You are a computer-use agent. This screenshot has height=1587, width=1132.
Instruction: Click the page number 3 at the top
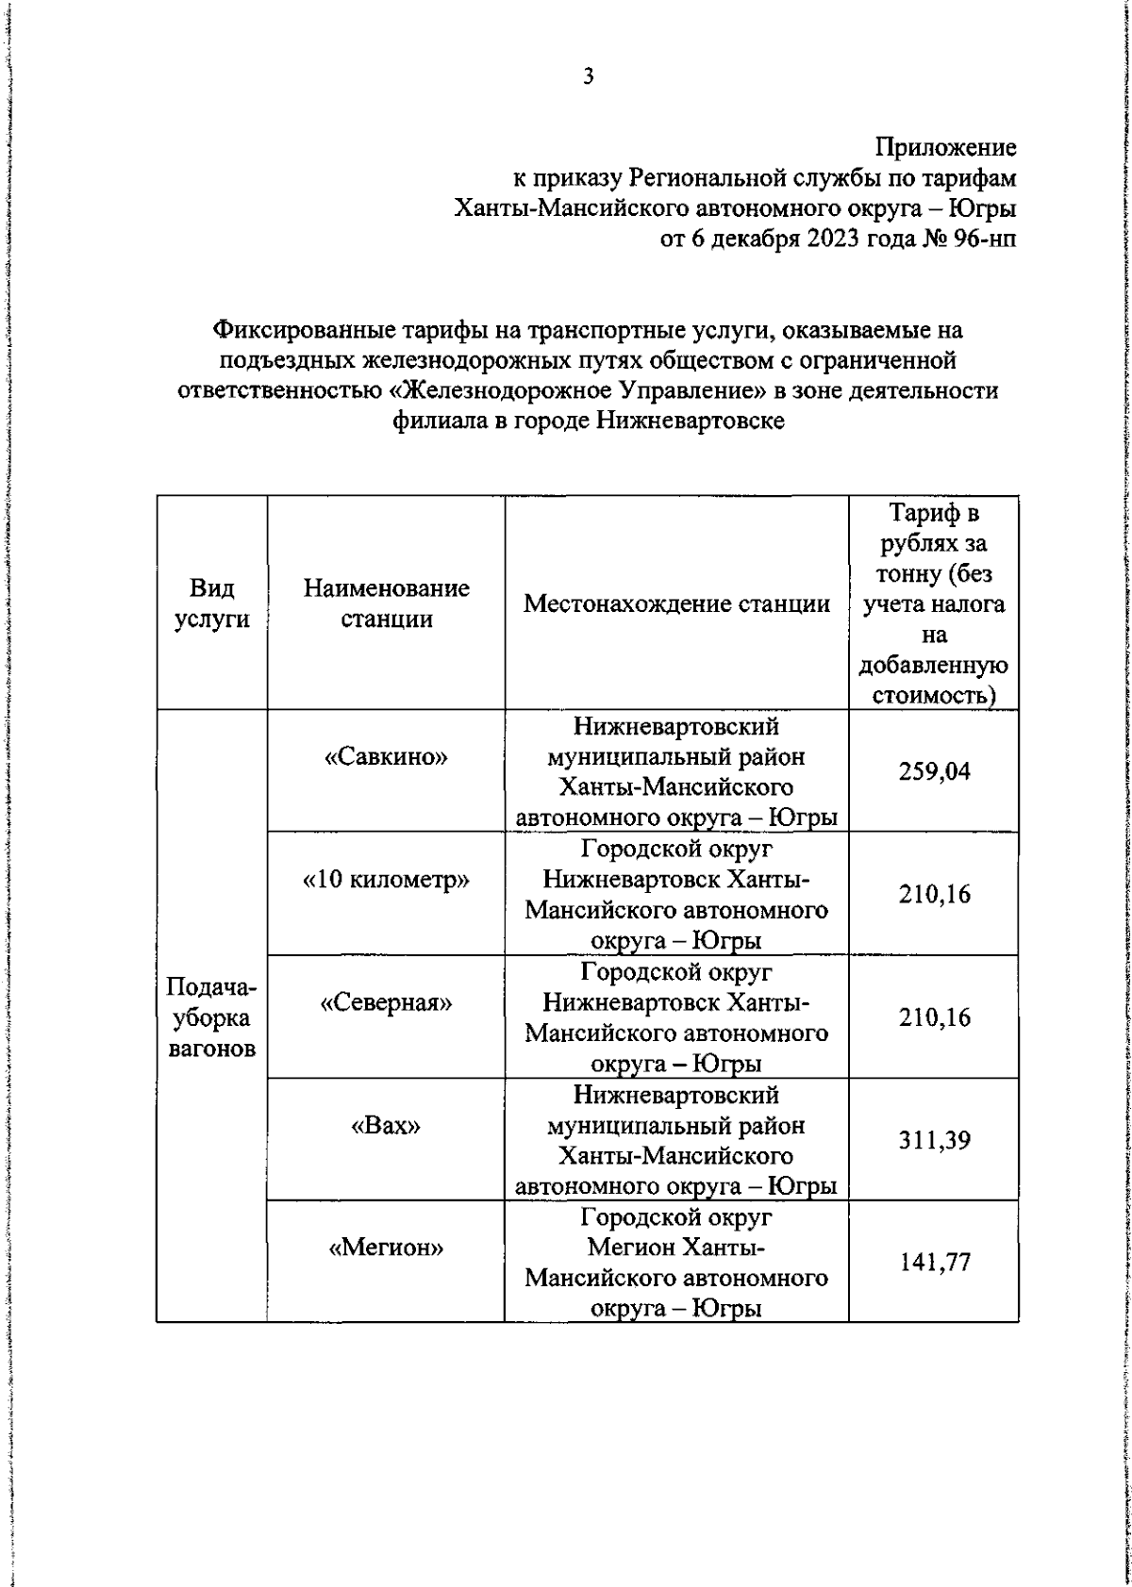pyautogui.click(x=588, y=77)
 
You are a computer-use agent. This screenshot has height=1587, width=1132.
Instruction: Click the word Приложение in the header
pyautogui.click(x=945, y=147)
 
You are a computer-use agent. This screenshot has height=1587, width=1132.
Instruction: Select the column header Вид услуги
pyautogui.click(x=211, y=603)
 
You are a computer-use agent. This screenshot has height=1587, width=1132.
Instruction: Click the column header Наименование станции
pyautogui.click(x=386, y=603)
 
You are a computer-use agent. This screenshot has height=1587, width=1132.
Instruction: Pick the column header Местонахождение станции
pyautogui.click(x=676, y=603)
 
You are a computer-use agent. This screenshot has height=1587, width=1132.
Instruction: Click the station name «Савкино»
pyautogui.click(x=386, y=756)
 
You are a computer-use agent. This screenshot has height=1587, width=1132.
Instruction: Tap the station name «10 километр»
pyautogui.click(x=386, y=880)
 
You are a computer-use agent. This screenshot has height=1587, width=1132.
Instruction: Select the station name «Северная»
pyautogui.click(x=386, y=1002)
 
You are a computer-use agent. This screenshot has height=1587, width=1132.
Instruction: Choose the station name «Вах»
pyautogui.click(x=386, y=1125)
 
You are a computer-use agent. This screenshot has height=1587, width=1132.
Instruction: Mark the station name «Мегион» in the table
pyautogui.click(x=386, y=1248)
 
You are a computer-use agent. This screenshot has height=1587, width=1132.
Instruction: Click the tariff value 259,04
pyautogui.click(x=934, y=772)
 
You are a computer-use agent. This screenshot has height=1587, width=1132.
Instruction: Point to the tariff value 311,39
pyautogui.click(x=934, y=1141)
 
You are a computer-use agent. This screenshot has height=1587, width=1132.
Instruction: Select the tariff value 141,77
pyautogui.click(x=934, y=1263)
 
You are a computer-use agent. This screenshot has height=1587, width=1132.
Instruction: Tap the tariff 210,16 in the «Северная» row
pyautogui.click(x=934, y=1018)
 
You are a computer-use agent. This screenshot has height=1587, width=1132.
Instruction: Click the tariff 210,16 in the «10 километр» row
pyautogui.click(x=934, y=895)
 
